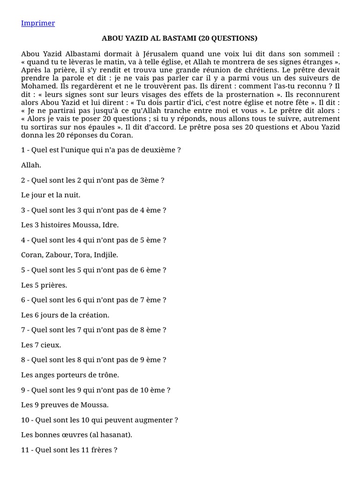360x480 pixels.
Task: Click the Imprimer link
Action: (x=38, y=23)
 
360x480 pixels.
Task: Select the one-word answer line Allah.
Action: (x=31, y=165)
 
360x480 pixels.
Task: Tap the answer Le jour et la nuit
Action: (x=51, y=195)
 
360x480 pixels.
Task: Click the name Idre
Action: (x=110, y=225)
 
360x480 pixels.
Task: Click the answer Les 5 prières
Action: (x=44, y=285)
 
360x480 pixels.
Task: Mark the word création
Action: (x=94, y=315)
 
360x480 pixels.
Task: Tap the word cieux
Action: (x=51, y=345)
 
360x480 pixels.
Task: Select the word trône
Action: (x=108, y=375)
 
